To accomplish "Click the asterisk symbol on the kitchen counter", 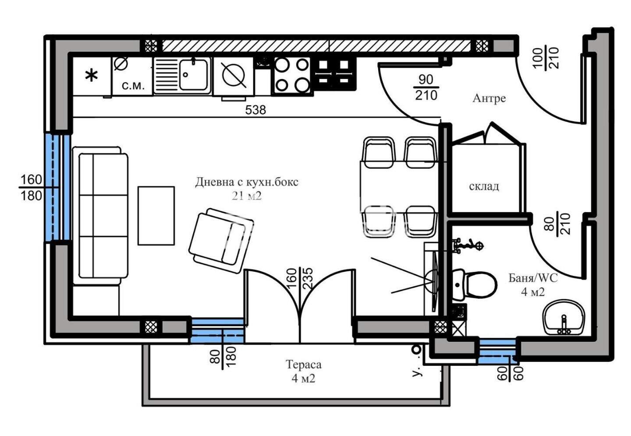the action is point(91,76).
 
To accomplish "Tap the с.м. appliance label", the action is point(133,85).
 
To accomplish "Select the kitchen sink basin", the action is point(194,74).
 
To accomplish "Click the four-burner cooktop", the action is point(291,75).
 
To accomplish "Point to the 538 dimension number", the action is point(255,110).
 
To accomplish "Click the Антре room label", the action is point(489,98).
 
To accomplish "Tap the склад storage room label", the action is point(484,186).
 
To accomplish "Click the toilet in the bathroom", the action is point(474,285).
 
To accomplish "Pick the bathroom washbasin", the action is point(564,317).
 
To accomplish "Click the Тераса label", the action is point(303,365).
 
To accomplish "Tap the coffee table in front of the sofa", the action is point(156,216).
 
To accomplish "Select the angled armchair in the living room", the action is point(221,241).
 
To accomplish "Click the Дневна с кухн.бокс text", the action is point(247,182).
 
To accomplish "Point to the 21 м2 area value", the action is point(247,196).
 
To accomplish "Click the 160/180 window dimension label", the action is point(31,187).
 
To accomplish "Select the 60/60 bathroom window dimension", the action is point(510,373).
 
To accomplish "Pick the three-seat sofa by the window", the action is point(101,216).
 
